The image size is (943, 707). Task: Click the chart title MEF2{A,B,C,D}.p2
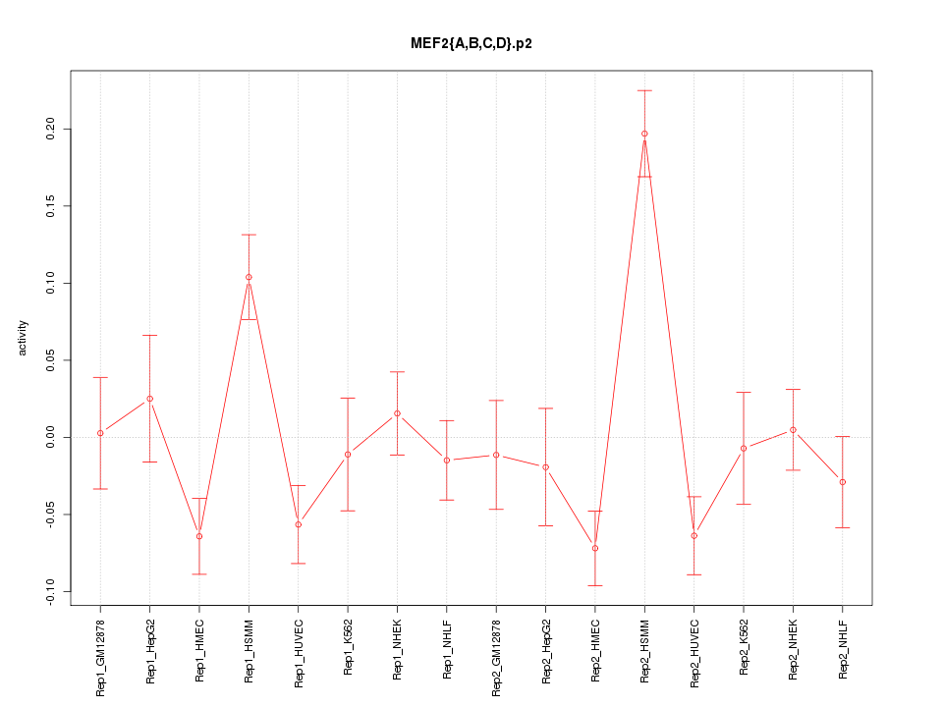[x=471, y=44]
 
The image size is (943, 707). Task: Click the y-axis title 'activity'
[x=24, y=338]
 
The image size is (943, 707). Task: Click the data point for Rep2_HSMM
[x=644, y=134]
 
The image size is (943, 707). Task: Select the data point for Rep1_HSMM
[x=249, y=277]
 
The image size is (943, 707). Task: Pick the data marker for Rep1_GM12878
[x=100, y=433]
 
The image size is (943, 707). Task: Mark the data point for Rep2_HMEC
[x=594, y=548]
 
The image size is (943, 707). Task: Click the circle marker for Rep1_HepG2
[x=149, y=399]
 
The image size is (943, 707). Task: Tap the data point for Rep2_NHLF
[x=842, y=482]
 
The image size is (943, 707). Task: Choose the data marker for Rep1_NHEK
[x=397, y=413]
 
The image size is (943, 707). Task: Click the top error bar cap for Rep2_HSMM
[x=644, y=90]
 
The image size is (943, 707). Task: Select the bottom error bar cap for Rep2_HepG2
[x=545, y=525]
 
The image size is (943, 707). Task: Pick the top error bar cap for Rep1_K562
[x=348, y=398]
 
